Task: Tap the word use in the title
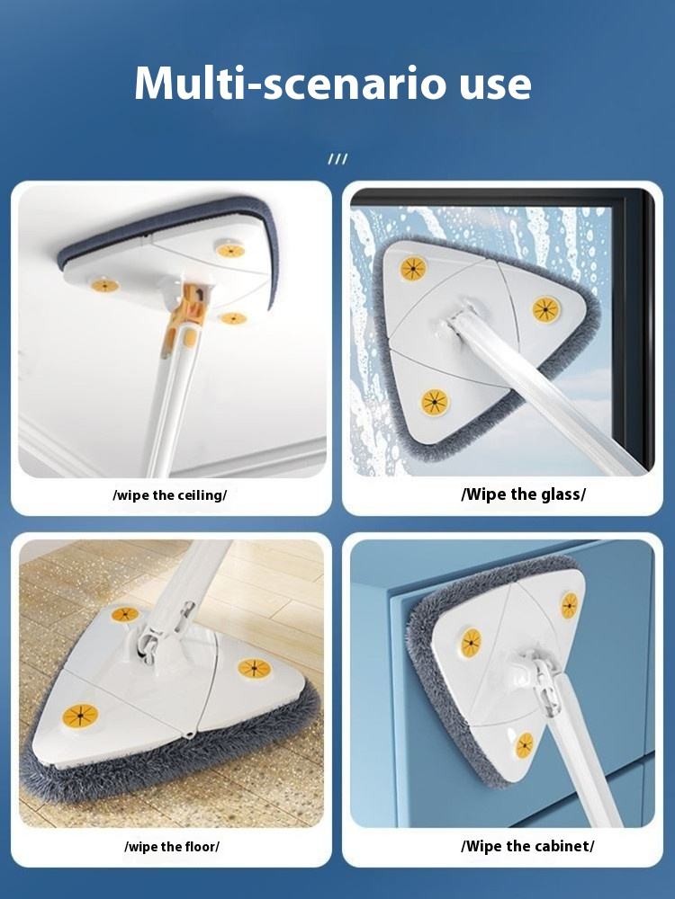(x=490, y=83)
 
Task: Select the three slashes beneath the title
(x=337, y=160)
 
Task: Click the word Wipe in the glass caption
(x=484, y=494)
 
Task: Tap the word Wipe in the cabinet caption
(x=484, y=846)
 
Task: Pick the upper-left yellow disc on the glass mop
(x=413, y=268)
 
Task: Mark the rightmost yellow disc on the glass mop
(x=545, y=309)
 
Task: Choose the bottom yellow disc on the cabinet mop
(x=524, y=744)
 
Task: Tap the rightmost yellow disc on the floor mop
(x=255, y=669)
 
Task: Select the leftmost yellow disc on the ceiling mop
(x=105, y=285)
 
